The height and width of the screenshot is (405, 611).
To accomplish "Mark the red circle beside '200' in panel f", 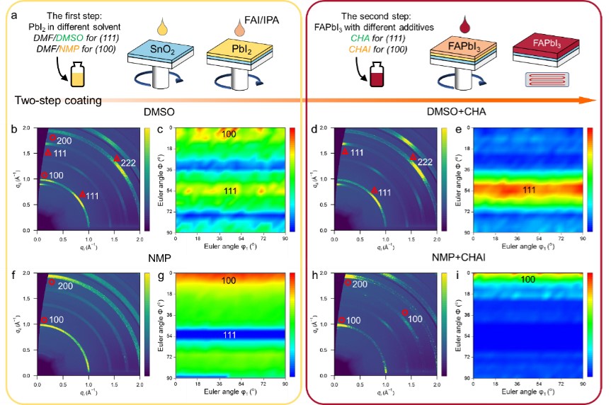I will (52, 283).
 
